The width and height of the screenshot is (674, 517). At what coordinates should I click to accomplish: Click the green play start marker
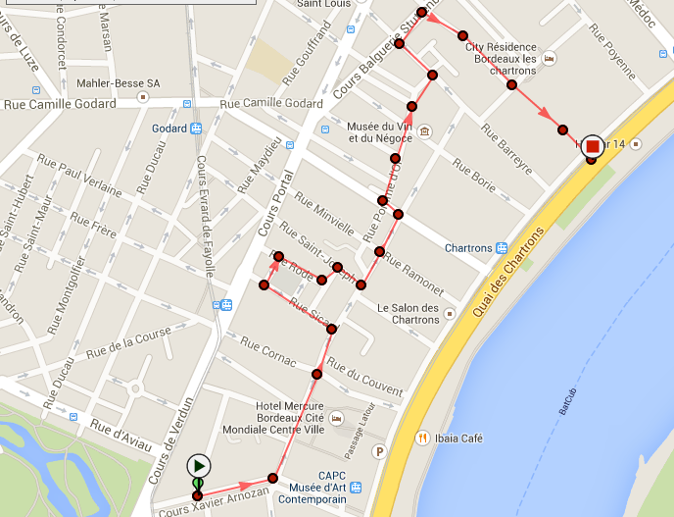tap(199, 465)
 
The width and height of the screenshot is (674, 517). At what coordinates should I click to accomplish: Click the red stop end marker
tap(592, 146)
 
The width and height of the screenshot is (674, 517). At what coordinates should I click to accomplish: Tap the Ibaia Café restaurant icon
tap(423, 438)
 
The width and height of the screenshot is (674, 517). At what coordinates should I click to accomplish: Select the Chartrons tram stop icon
tap(501, 248)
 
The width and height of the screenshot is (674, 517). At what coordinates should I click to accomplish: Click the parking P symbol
tap(380, 452)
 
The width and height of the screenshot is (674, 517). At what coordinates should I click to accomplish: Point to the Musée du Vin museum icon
tap(424, 131)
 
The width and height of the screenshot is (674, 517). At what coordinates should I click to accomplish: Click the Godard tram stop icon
tap(196, 128)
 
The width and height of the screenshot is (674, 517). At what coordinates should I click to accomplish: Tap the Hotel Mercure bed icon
tap(337, 419)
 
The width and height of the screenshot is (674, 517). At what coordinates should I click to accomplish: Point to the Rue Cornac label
tap(267, 353)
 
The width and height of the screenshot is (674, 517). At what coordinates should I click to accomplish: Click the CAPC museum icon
tap(357, 487)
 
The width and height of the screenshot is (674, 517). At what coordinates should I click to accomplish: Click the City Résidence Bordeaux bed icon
tap(550, 58)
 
